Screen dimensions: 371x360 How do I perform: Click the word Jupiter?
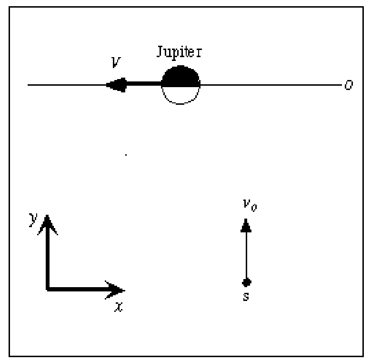180,52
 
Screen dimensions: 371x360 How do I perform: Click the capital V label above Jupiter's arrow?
116,62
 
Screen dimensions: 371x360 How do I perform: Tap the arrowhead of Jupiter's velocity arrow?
116,85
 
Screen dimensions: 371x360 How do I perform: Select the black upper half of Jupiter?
180,76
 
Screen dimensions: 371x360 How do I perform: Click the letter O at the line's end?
349,85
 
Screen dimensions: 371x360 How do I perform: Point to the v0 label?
250,205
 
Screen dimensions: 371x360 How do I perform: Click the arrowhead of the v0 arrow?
246,225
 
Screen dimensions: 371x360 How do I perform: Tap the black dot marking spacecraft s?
247,282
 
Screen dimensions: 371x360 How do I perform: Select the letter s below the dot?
246,297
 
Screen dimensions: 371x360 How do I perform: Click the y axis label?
33,220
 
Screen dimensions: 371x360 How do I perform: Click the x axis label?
119,307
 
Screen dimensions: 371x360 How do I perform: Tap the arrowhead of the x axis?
115,290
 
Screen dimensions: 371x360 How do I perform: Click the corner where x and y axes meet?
48,289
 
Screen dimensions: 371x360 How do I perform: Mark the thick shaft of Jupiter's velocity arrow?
144,83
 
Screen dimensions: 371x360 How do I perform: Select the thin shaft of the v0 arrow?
247,255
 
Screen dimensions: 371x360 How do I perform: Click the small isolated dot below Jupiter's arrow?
126,155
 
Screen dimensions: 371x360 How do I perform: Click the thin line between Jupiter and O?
271,85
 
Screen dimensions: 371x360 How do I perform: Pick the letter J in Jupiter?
160,51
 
